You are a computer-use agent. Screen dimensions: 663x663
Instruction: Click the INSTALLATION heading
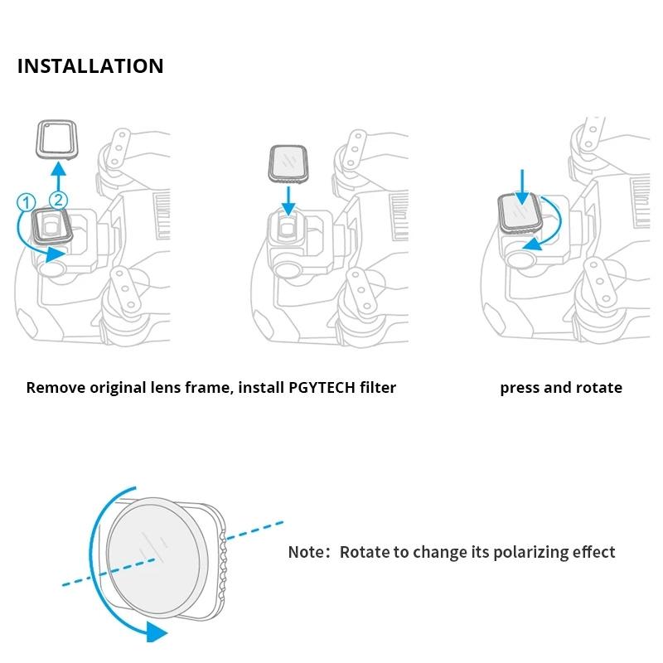pos(90,66)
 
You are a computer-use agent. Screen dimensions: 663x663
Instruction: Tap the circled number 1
pos(26,200)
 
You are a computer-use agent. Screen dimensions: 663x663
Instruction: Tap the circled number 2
pos(58,199)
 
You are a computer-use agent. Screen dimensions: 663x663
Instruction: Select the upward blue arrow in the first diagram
pos(57,175)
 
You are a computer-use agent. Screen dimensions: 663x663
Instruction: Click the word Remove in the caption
pos(55,387)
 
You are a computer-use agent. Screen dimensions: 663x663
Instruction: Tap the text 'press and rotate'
pos(561,387)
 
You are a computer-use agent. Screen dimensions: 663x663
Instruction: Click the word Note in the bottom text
pos(306,552)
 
